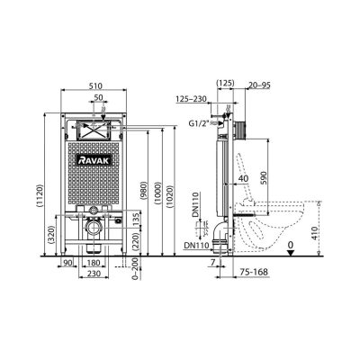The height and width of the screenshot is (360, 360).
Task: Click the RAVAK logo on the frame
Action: pos(94,160)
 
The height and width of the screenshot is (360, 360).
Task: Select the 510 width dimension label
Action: pos(95,86)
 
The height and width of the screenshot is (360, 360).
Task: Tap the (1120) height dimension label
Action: pos(40,195)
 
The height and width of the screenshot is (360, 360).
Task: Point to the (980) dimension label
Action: pos(143,192)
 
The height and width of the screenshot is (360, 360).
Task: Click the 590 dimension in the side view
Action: pos(263,178)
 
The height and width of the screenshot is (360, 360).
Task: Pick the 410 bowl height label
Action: pos(314,232)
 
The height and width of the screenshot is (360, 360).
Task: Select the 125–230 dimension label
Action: pos(191,99)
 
